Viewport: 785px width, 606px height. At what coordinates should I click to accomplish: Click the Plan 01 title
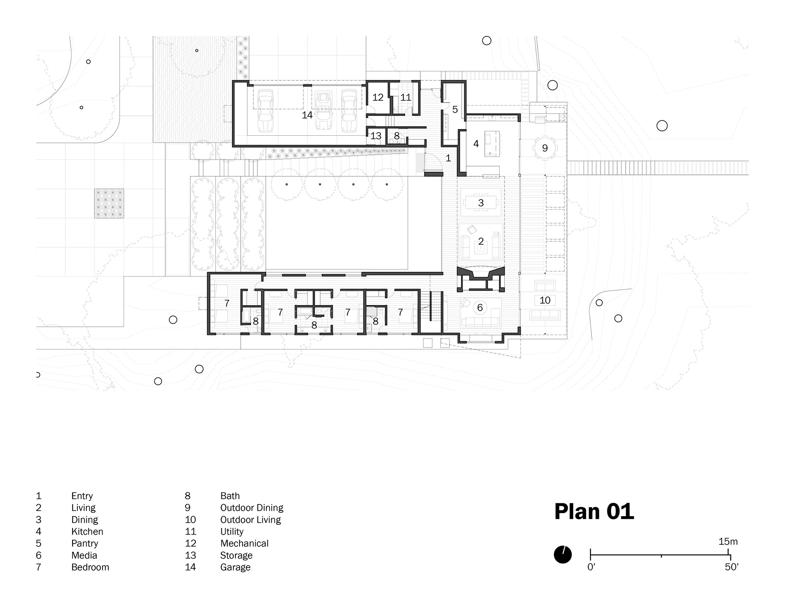594,512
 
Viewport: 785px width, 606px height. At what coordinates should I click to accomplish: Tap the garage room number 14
307,115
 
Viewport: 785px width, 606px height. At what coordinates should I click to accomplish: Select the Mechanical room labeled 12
378,97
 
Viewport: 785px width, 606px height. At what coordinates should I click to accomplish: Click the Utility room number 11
405,97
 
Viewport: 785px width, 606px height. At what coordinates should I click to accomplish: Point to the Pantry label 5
455,109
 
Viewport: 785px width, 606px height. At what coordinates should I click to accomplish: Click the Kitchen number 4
476,144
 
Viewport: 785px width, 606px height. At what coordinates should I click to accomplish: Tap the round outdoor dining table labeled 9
544,148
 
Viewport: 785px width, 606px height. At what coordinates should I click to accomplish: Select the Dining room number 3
481,203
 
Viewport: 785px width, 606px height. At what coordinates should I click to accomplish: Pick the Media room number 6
480,308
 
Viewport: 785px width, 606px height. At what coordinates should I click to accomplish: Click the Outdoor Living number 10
545,300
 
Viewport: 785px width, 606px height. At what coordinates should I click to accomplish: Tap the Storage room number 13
376,136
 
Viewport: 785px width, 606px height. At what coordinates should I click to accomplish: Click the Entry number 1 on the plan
448,158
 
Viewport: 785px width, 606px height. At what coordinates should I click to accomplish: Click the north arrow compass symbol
562,555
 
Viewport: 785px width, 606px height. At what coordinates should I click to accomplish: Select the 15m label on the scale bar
728,542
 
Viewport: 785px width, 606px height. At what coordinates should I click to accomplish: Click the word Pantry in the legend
85,544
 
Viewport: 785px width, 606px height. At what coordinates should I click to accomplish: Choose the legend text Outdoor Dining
252,508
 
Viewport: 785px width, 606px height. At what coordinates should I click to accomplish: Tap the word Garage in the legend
235,567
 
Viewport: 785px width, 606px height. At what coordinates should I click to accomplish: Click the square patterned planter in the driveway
109,203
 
